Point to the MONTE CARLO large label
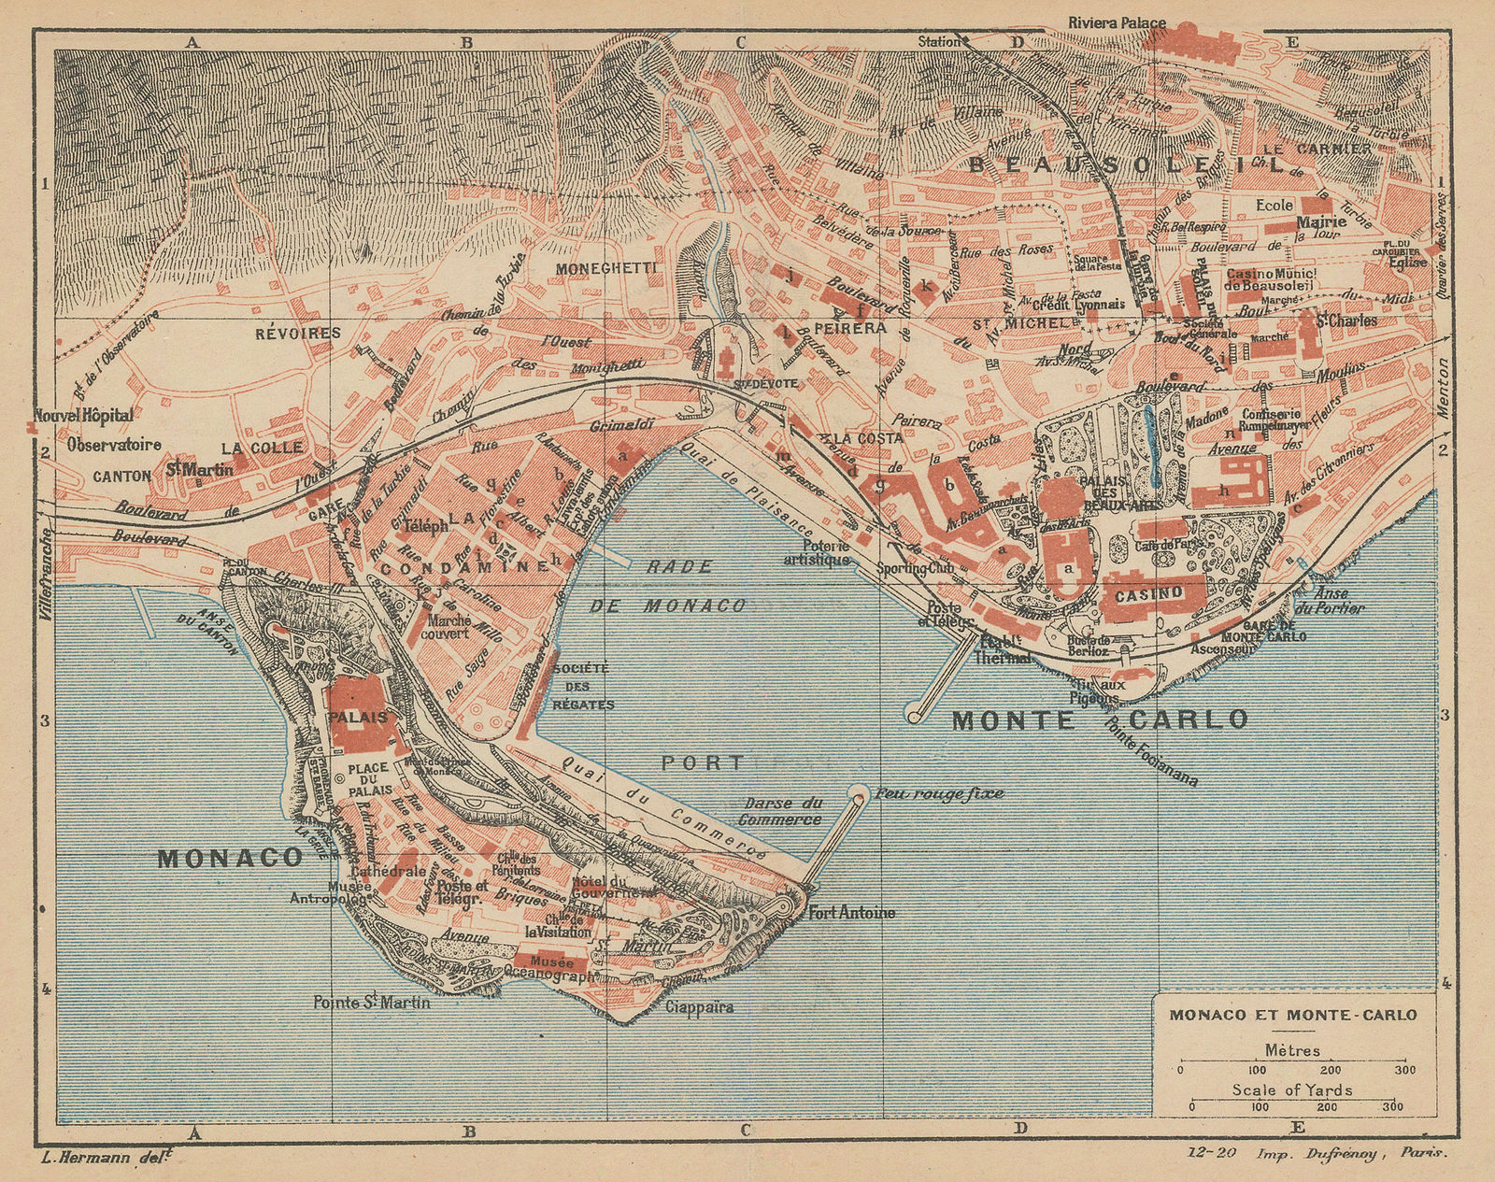coord(1100,719)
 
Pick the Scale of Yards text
coord(1292,1089)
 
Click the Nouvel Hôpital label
coord(82,415)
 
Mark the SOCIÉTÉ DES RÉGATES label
coord(581,687)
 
